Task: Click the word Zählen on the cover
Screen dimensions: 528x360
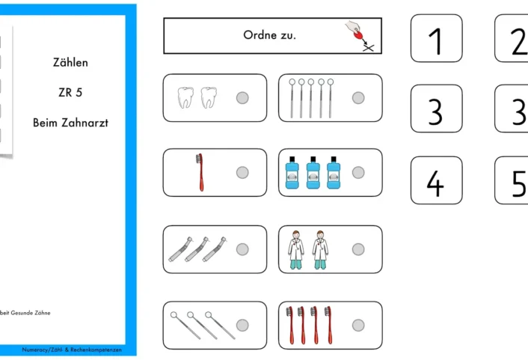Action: (x=70, y=62)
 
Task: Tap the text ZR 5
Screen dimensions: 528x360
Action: (x=70, y=92)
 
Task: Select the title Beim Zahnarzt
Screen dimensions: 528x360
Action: (x=71, y=123)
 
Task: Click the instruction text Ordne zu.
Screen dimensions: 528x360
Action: (x=269, y=35)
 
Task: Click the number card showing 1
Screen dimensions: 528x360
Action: (x=437, y=38)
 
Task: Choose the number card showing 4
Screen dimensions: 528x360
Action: (x=437, y=180)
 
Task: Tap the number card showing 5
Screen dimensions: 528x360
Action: (x=512, y=180)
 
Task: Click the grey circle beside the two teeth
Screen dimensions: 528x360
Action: (x=242, y=98)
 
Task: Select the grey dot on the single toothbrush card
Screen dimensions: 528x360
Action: (x=242, y=173)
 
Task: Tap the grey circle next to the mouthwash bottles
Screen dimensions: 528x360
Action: (x=358, y=173)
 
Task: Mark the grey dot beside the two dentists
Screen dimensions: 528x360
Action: (x=358, y=249)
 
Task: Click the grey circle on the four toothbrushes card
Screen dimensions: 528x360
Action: (x=358, y=326)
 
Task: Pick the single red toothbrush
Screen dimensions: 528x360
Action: (x=200, y=172)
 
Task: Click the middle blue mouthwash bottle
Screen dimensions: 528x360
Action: (x=313, y=173)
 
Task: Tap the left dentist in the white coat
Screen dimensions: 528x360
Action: (x=295, y=250)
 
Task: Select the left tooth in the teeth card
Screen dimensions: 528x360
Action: (x=185, y=97)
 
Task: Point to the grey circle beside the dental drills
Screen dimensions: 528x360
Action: (x=242, y=249)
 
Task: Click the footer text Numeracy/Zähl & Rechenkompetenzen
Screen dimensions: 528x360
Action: (x=72, y=350)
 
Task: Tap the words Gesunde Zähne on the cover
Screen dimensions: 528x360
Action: (x=31, y=313)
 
